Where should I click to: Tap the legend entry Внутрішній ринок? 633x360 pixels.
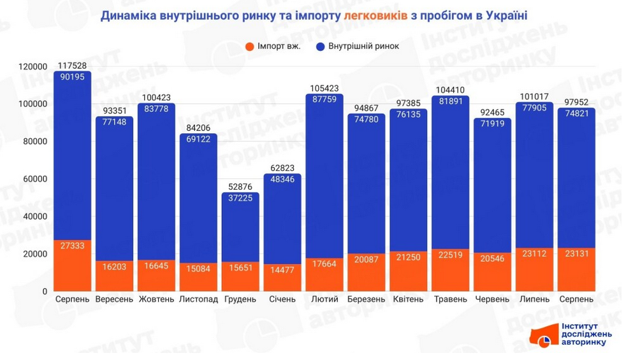coord(358,46)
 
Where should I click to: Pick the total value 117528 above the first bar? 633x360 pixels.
coord(72,65)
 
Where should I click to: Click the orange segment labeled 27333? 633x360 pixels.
coord(72,264)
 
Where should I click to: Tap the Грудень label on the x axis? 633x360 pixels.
coord(240,299)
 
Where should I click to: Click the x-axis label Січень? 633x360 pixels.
coord(282,299)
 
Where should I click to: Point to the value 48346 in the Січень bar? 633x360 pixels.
coord(282,180)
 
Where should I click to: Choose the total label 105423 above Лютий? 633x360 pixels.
coord(324,89)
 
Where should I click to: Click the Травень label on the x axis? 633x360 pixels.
coord(451,299)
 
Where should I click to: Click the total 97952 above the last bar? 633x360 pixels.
coord(577,102)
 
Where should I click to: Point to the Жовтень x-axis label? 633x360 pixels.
coord(156,299)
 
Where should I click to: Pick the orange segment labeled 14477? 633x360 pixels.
coord(282,277)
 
